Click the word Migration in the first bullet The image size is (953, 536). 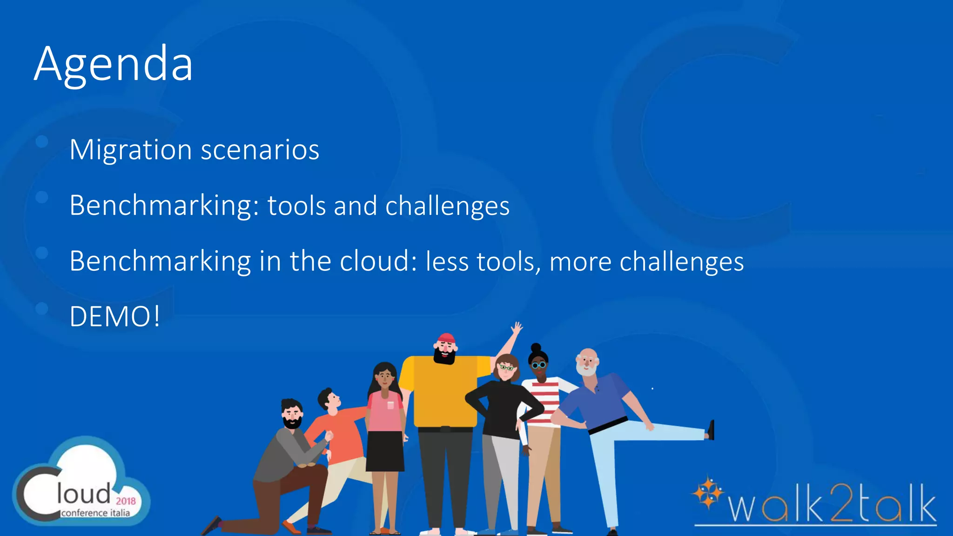(131, 150)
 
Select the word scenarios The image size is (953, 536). (260, 150)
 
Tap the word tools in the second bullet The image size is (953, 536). (296, 206)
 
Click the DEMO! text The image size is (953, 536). (115, 317)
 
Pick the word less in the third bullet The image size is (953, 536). (447, 261)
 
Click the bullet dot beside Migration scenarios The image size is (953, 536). (42, 141)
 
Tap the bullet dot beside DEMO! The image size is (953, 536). (42, 308)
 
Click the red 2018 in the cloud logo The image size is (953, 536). (126, 501)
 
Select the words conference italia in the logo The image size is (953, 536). (95, 513)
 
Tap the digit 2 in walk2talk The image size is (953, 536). (842, 504)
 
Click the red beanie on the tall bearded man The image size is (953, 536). (446, 337)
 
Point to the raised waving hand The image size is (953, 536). (517, 328)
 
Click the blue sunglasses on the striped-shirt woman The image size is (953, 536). (539, 365)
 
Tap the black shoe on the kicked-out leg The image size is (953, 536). (711, 429)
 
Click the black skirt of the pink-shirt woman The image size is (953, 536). (385, 451)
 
